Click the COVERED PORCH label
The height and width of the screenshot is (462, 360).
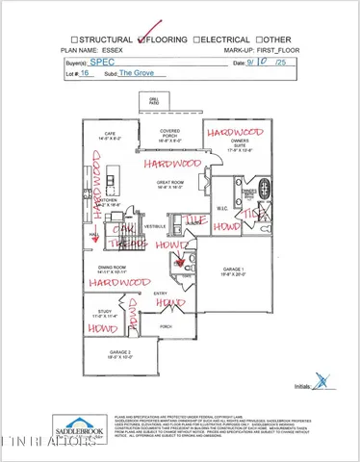point(170,134)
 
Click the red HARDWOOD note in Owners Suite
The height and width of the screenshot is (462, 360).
point(232,131)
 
